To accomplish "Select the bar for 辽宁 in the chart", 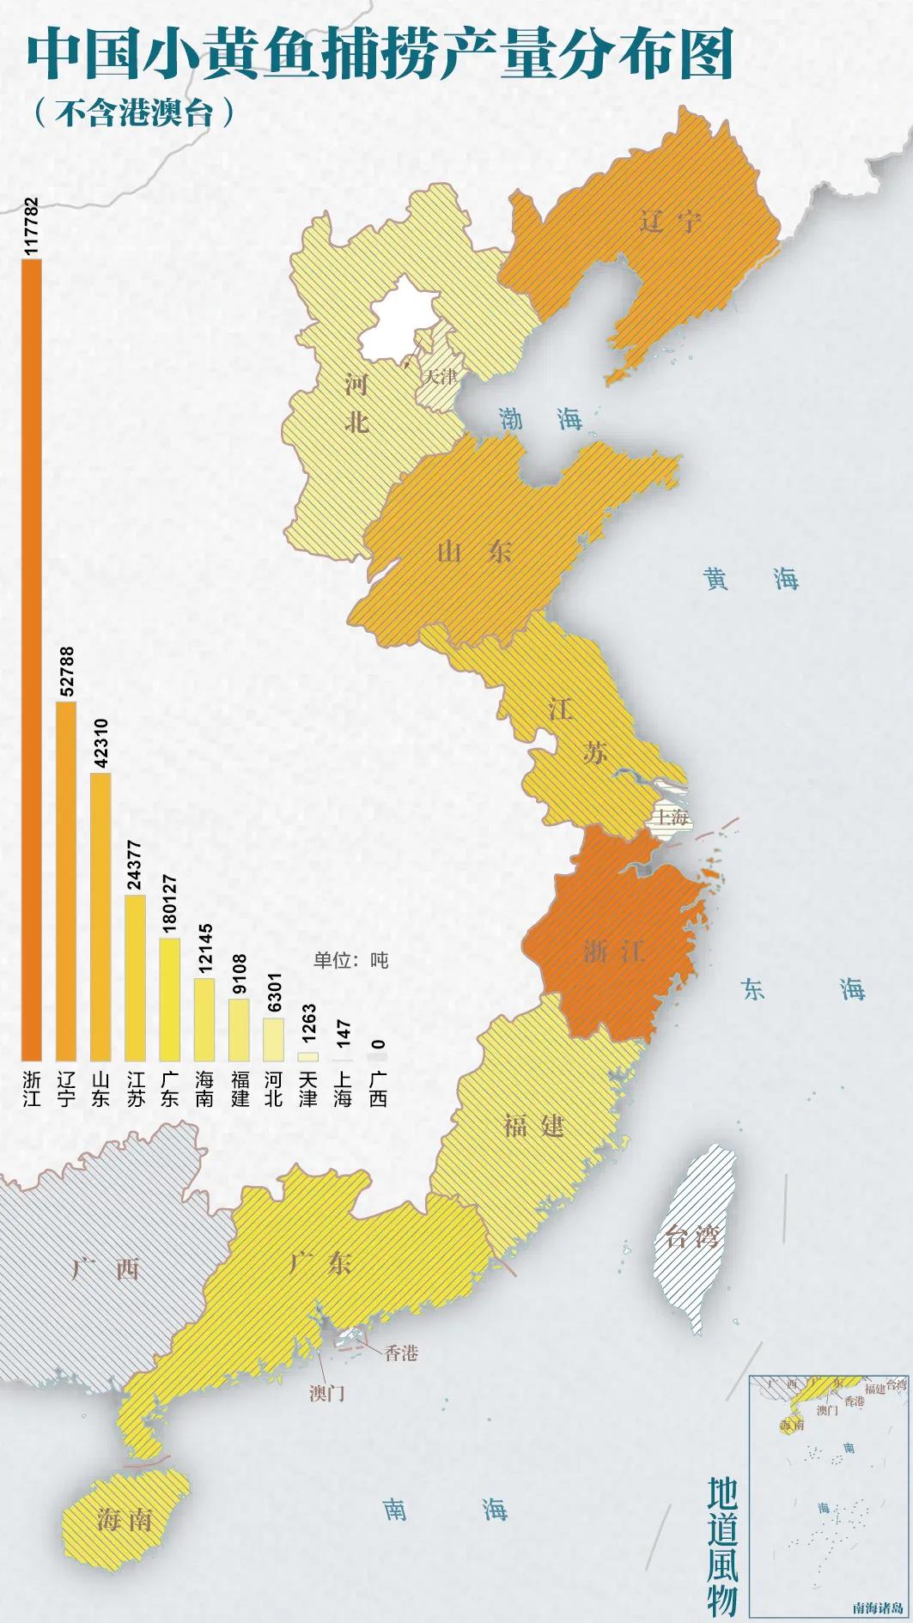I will (x=66, y=881).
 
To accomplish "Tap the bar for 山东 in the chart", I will (x=100, y=916).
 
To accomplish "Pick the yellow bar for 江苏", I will (x=135, y=977).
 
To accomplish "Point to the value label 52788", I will (x=67, y=672).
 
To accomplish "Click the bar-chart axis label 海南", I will (x=204, y=1089).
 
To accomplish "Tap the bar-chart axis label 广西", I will (x=378, y=1089).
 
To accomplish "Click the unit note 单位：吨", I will (x=350, y=960).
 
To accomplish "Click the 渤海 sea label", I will (x=541, y=419).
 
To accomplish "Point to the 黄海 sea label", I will (x=751, y=579).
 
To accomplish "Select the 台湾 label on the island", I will (x=691, y=1237).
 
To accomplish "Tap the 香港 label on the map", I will (x=400, y=1352).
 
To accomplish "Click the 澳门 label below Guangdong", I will (x=326, y=1392).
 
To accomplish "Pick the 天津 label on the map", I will (x=441, y=376).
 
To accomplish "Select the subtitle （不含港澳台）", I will (x=133, y=112).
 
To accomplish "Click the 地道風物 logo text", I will (x=722, y=1546).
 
